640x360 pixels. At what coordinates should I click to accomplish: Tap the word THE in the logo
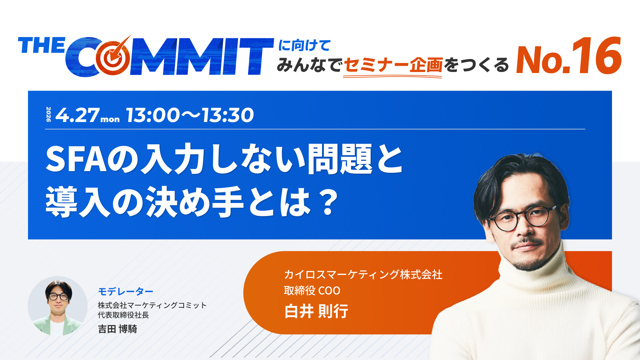click(41, 46)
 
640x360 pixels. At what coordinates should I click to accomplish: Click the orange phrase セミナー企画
click(393, 65)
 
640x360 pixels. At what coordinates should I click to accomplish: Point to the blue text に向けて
click(304, 45)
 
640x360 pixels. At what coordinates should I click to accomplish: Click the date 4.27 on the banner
click(77, 115)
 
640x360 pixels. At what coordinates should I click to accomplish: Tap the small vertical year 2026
click(49, 114)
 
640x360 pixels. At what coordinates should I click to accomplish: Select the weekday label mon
click(110, 119)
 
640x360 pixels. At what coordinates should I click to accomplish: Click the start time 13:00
click(153, 115)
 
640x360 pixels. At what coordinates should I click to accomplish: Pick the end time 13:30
click(228, 115)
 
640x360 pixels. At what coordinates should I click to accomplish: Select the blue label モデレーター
click(126, 292)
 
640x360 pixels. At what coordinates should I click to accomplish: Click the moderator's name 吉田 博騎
click(117, 329)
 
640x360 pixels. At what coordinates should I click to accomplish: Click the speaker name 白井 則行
click(316, 311)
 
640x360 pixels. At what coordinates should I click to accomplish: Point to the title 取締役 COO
click(312, 291)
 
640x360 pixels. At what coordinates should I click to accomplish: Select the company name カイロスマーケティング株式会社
click(363, 275)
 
